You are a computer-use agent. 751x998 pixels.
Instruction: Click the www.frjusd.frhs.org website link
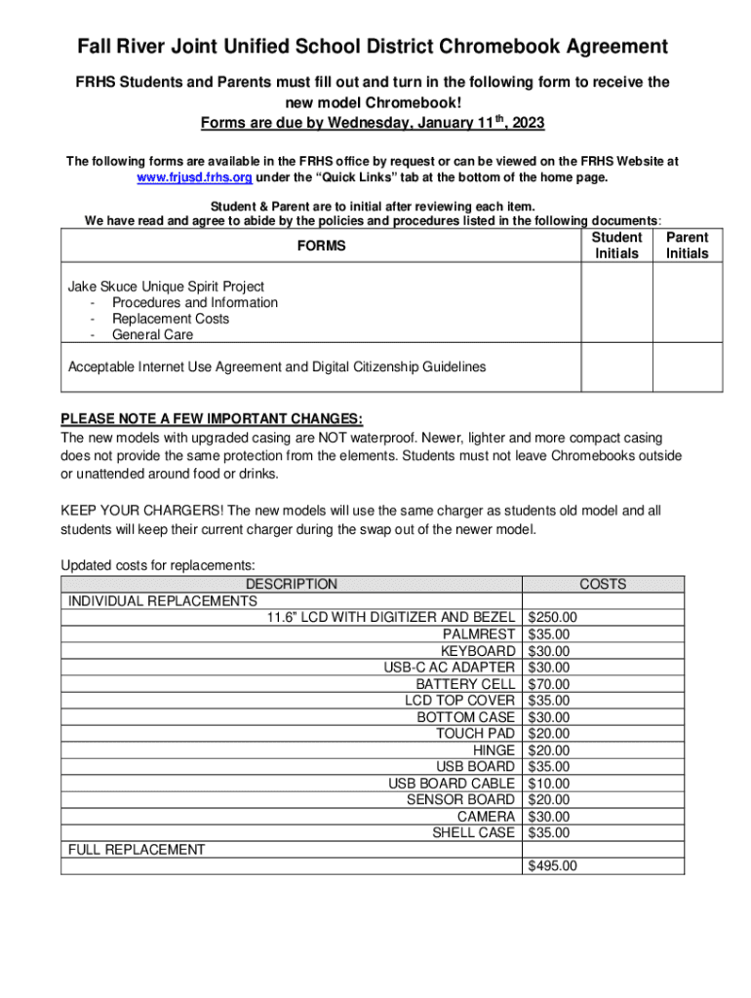coord(193,177)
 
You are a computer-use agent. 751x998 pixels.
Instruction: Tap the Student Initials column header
coord(616,246)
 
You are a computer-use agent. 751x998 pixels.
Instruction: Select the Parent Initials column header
coord(687,246)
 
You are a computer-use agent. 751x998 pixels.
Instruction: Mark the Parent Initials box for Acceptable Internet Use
coord(687,367)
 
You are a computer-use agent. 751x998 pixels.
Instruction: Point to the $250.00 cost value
coord(552,617)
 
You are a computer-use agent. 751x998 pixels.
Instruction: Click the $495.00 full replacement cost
coord(552,865)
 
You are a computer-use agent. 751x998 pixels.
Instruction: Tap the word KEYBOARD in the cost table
coord(477,651)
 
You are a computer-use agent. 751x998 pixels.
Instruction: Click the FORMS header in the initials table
coord(322,247)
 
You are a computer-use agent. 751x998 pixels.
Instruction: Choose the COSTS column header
coord(603,585)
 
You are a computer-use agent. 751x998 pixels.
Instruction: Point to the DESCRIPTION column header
coord(291,585)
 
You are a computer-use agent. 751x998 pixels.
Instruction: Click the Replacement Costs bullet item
coord(171,319)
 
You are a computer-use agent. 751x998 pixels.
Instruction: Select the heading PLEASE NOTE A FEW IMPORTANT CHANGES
coord(212,420)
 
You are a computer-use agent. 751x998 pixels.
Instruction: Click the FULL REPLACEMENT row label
coord(137,850)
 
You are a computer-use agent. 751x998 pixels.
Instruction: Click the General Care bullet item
coord(152,335)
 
